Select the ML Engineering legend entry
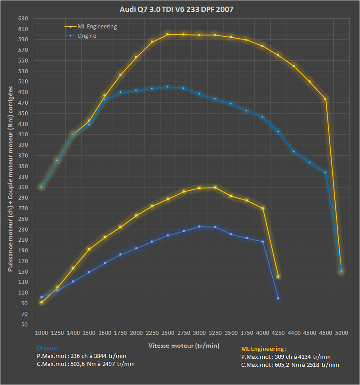click(x=97, y=27)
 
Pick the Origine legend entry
click(x=87, y=36)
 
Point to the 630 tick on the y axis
click(x=23, y=19)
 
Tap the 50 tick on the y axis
click(x=25, y=324)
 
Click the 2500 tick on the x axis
click(x=168, y=332)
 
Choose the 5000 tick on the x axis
click(x=341, y=332)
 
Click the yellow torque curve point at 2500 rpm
click(x=168, y=34)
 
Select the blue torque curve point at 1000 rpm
click(x=41, y=187)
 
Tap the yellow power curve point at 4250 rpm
click(x=278, y=277)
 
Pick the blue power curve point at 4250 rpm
click(x=278, y=298)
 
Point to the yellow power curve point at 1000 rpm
click(x=41, y=302)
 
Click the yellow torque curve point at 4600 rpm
click(x=325, y=99)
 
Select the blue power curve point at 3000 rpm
click(x=199, y=227)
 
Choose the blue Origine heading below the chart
click(x=48, y=348)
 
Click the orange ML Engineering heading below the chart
click(x=263, y=349)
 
